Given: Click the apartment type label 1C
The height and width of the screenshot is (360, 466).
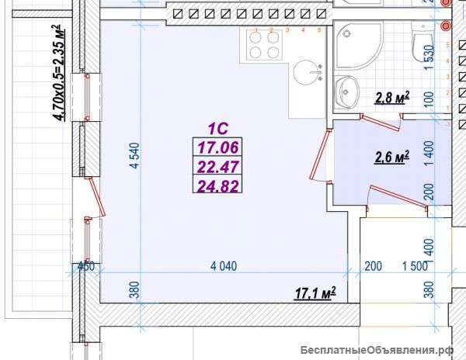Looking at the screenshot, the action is (x=218, y=129).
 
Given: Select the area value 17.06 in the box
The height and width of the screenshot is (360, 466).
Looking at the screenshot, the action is (x=218, y=147).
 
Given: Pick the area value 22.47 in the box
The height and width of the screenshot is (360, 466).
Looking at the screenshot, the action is (x=218, y=167).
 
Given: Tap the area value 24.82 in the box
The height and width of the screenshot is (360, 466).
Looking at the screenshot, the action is (x=218, y=185).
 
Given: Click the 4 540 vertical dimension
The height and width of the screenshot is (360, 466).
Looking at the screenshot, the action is (x=134, y=155).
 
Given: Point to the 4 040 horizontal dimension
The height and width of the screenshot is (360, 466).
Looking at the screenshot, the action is (x=224, y=266).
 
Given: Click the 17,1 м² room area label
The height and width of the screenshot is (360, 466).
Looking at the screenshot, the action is (x=315, y=293).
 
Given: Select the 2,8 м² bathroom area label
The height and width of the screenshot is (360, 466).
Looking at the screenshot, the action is (x=392, y=98).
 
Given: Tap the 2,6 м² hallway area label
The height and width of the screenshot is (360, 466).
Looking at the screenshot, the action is (x=392, y=157).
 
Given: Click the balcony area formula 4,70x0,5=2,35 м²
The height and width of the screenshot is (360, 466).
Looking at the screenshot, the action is (x=59, y=73).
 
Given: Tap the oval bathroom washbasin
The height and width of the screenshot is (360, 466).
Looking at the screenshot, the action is (x=347, y=91).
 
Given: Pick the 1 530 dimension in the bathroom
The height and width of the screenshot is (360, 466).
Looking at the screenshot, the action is (x=429, y=58).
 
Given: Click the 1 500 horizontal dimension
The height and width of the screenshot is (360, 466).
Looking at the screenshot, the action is (x=415, y=266).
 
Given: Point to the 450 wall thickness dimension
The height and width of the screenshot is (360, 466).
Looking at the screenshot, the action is (x=86, y=266).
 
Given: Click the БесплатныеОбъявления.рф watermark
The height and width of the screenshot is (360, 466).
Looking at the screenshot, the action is (x=377, y=351).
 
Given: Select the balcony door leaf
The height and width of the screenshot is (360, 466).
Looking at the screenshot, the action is (x=97, y=197).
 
